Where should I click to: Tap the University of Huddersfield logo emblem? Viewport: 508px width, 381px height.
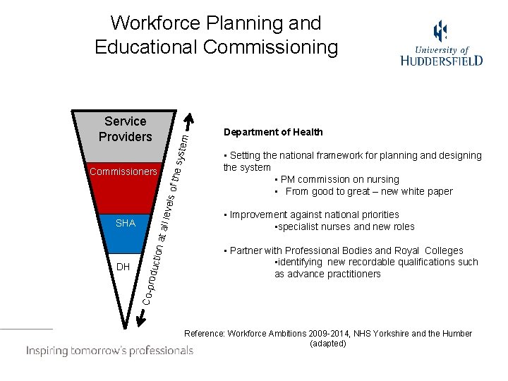pyautogui.click(x=440, y=32)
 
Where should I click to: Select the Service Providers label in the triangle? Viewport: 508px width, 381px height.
pyautogui.click(x=125, y=129)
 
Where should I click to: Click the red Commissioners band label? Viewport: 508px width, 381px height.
pyautogui.click(x=123, y=171)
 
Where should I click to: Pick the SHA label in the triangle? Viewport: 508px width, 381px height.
pyautogui.click(x=125, y=223)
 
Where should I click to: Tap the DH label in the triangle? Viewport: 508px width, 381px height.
pyautogui.click(x=123, y=267)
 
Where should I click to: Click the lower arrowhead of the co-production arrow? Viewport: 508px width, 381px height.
pyautogui.click(x=140, y=322)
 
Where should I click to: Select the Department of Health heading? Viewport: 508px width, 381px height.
pyautogui.click(x=273, y=132)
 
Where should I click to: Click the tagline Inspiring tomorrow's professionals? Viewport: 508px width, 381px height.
pyautogui.click(x=109, y=350)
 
